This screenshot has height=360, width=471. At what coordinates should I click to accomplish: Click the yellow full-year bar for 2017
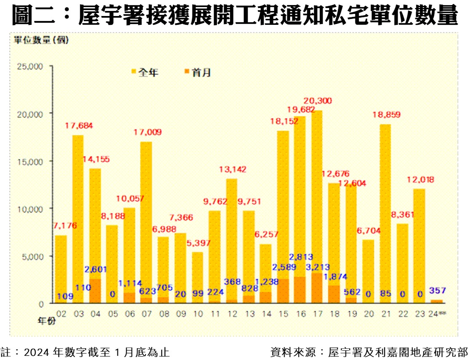(317, 189)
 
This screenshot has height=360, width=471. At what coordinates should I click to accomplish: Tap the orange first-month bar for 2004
(95, 291)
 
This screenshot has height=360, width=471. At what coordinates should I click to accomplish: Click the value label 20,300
(318, 101)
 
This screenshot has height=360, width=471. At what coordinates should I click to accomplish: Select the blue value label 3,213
(318, 267)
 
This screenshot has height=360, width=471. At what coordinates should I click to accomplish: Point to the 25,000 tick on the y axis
(29, 66)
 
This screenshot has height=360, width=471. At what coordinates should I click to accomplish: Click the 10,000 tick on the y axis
(29, 209)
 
